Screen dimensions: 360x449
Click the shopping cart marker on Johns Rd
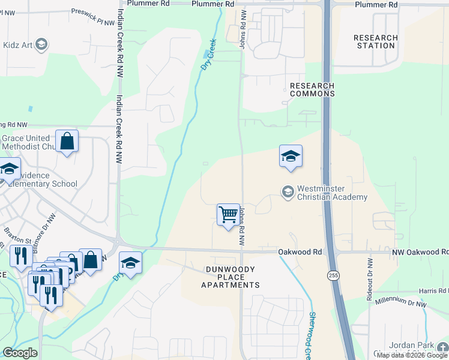click(228, 214)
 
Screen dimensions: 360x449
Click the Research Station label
click(376, 41)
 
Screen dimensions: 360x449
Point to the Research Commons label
click(312, 89)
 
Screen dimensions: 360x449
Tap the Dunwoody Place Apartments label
click(231, 277)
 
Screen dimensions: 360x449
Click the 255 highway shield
click(333, 275)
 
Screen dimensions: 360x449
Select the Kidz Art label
click(18, 44)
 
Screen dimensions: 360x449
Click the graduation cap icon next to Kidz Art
click(41, 44)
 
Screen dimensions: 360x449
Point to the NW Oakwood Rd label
click(420, 253)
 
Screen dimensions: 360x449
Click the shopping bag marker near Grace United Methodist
click(67, 142)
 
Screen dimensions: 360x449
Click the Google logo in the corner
click(20, 353)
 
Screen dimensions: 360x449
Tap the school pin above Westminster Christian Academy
click(291, 157)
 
